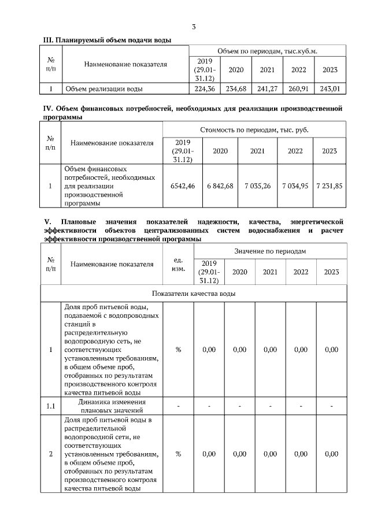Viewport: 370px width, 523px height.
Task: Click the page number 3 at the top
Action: pos(193,27)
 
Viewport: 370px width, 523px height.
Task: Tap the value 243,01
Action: pos(330,89)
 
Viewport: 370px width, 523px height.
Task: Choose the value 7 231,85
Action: pos(329,186)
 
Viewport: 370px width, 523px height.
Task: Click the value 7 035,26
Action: pos(257,186)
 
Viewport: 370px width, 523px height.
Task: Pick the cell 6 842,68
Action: pos(220,186)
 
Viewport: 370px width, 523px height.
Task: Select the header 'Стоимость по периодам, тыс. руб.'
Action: pos(254,130)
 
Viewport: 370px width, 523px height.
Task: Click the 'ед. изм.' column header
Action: pos(178,264)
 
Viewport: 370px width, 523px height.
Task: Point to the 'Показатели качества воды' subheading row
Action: pos(193,294)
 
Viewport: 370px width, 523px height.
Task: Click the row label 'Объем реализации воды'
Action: pos(104,89)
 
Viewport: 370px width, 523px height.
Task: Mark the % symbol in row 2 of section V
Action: pos(178,454)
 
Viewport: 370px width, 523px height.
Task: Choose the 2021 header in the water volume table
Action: pos(267,69)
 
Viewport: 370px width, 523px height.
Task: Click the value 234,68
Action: pos(236,89)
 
